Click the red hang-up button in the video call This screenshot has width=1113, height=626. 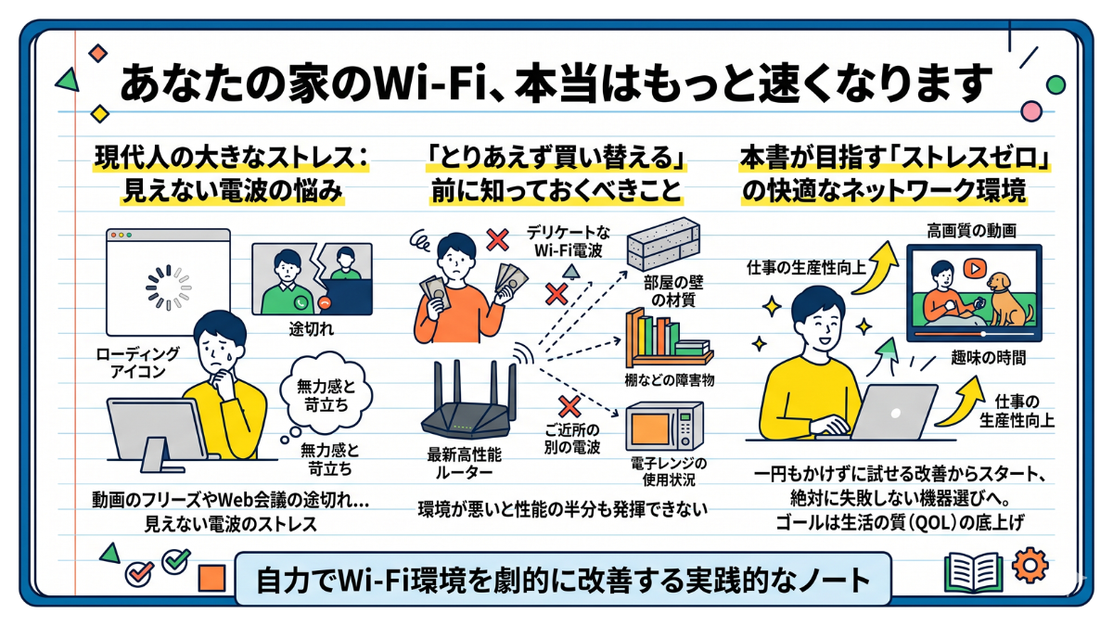326,301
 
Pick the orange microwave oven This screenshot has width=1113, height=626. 664,427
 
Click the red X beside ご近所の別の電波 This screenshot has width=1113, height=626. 567,405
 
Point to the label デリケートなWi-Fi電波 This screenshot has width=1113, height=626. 569,238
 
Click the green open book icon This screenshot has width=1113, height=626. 973,570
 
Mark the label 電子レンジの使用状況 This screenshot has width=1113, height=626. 664,471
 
